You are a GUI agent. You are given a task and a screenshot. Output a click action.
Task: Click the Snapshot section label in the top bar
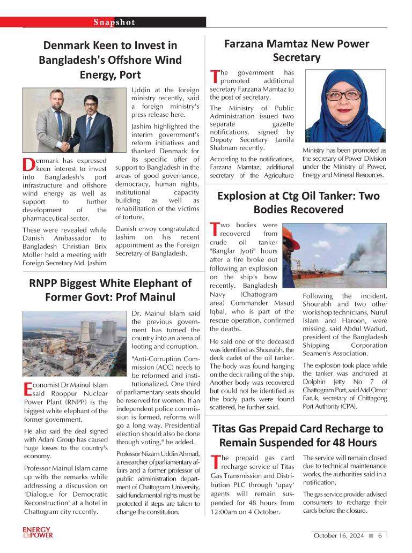(x=114, y=22)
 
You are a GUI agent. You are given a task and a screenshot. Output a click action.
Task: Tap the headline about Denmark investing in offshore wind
(x=110, y=59)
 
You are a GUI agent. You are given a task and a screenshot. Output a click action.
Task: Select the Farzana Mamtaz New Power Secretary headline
(x=296, y=50)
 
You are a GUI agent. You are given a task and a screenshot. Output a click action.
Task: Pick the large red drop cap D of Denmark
(x=29, y=165)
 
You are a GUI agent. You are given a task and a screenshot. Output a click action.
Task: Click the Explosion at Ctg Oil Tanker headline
(x=298, y=203)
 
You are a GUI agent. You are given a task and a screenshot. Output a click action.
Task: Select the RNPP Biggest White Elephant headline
(x=110, y=289)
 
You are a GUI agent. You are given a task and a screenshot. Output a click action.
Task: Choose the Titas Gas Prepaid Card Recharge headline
(x=298, y=436)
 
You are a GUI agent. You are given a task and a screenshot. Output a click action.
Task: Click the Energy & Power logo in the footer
(x=38, y=532)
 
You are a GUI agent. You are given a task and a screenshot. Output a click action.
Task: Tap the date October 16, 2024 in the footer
(x=339, y=535)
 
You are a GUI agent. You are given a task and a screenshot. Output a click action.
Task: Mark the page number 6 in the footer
(x=379, y=535)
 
